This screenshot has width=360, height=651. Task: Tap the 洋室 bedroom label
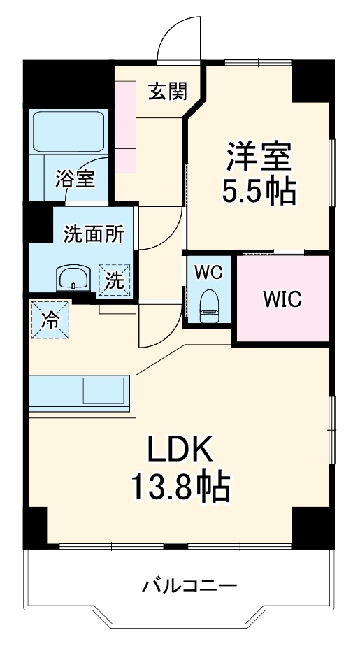coord(258,156)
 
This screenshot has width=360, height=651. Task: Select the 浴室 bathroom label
coord(75,179)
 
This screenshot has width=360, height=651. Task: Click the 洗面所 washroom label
coord(93,234)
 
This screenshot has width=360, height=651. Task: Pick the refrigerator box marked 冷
coord(50,320)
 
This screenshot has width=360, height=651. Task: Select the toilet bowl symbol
coord(210,304)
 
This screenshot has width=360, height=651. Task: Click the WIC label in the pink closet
coord(282,299)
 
